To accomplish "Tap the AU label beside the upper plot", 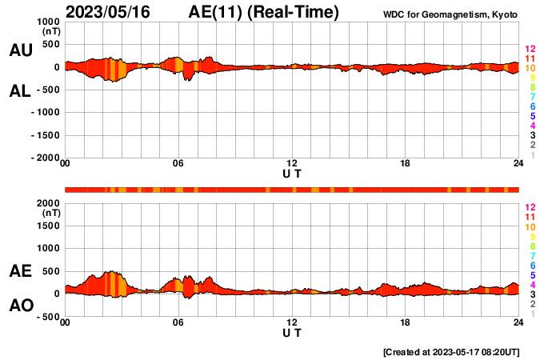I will pos(20,50).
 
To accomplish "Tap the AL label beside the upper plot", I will pos(20,91).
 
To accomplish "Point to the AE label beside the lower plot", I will pos(20,272).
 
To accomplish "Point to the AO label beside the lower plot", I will pos(20,306).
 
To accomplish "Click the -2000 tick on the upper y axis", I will pos(45,158).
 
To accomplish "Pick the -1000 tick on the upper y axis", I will pos(45,113).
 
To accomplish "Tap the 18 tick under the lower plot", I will pos(406,322).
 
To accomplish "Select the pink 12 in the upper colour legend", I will pos(530,50).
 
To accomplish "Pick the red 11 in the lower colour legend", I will pos(530,217).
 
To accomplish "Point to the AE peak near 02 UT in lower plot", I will pos(111,271).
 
